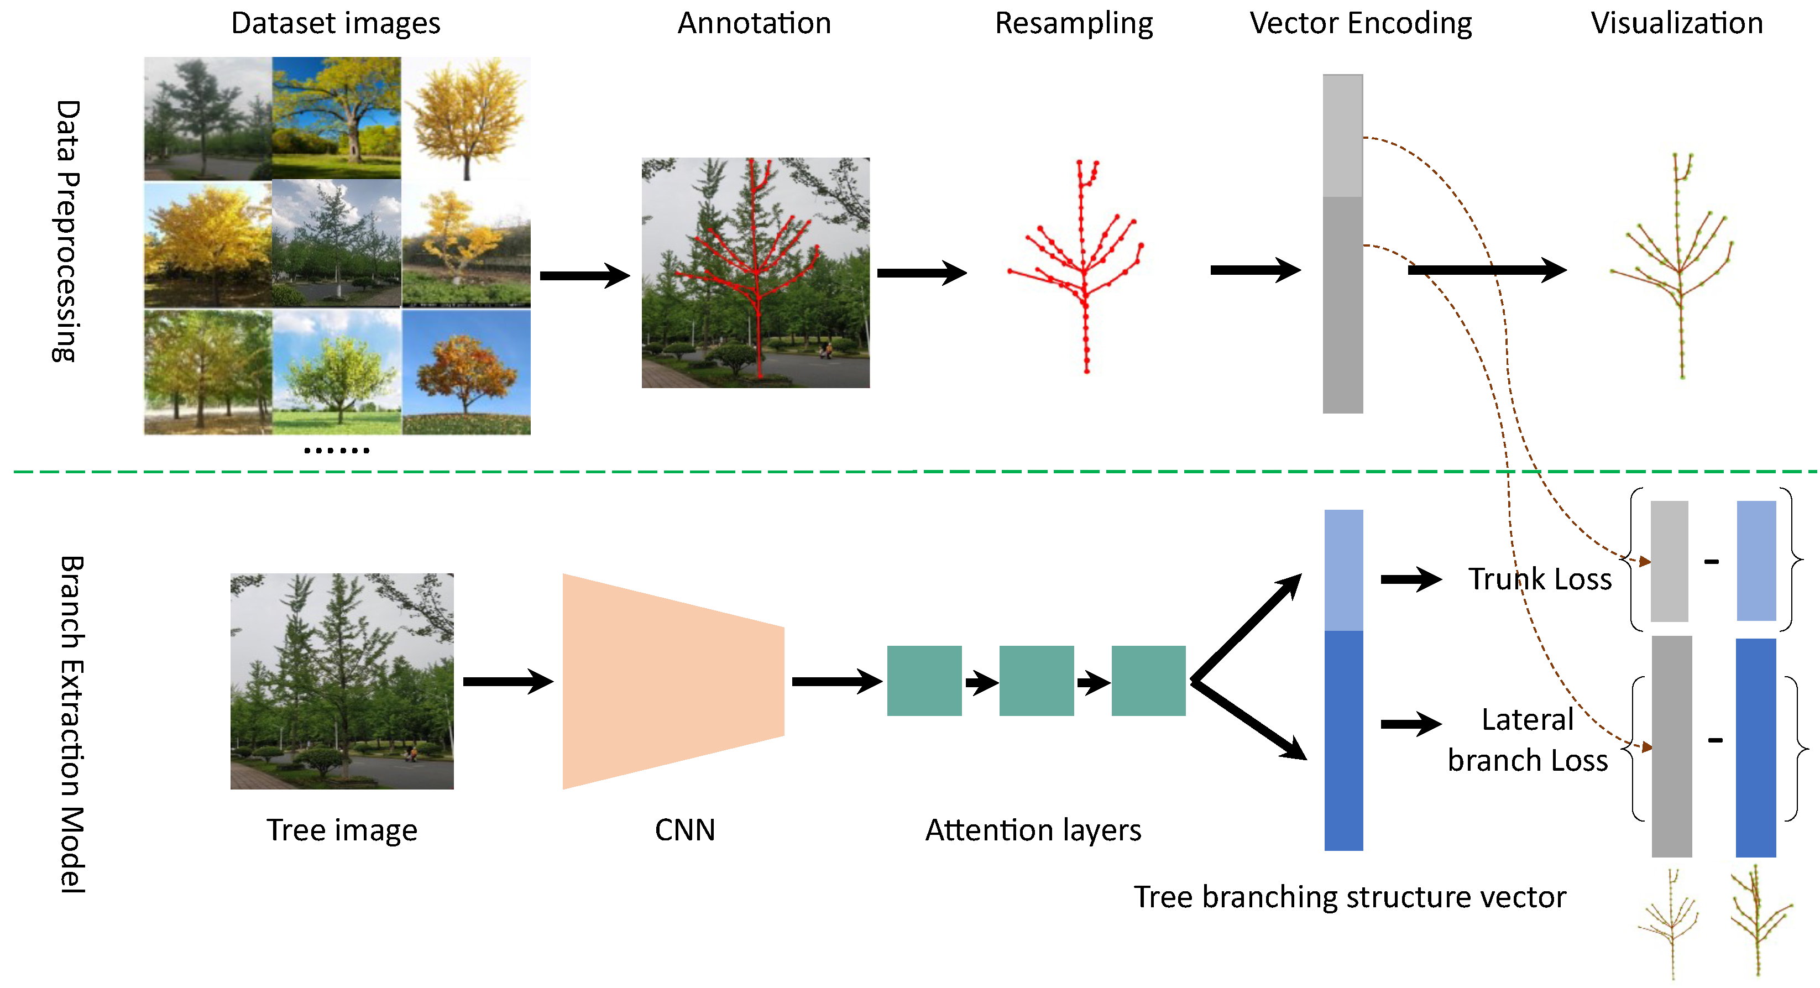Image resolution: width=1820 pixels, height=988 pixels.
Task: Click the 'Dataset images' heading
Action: click(x=336, y=23)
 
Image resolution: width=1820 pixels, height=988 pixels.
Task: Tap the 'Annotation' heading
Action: click(x=754, y=23)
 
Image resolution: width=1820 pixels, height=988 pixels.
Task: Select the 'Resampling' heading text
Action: click(x=1073, y=23)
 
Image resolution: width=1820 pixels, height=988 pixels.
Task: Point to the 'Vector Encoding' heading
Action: click(x=1360, y=23)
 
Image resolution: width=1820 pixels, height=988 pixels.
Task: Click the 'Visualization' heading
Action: click(x=1677, y=23)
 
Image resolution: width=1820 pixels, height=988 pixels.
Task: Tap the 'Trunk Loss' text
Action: click(x=1540, y=579)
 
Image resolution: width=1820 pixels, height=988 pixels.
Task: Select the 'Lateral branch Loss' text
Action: click(x=1528, y=740)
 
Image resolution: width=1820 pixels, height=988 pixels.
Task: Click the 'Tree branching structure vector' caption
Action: click(x=1350, y=897)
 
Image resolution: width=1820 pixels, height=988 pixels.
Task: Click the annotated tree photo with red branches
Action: click(x=755, y=273)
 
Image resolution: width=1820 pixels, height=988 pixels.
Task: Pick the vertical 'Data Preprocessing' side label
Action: click(x=67, y=231)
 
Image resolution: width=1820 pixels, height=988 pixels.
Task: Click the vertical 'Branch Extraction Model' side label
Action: click(x=71, y=724)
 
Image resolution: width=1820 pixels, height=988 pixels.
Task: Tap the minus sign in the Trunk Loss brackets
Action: click(x=1711, y=562)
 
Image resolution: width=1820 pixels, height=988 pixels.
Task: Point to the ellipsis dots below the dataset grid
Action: click(x=336, y=450)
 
